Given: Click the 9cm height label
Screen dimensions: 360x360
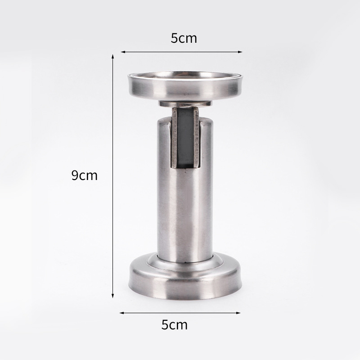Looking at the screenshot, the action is [x=85, y=175].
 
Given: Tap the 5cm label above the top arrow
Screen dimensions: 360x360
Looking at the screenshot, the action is [x=184, y=38].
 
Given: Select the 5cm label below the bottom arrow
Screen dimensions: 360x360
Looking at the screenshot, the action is [x=175, y=324].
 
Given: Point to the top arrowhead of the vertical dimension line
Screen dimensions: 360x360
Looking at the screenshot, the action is [x=113, y=57].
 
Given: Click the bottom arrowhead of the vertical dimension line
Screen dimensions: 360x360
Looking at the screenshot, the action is [x=113, y=296].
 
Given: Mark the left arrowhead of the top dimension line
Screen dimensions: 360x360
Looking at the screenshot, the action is [x=123, y=52].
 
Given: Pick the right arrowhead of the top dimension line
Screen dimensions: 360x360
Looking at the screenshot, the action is [x=240, y=52].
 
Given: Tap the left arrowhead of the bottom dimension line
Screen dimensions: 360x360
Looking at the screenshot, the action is [x=122, y=313].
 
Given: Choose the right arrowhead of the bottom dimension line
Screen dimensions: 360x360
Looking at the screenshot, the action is [x=238, y=313].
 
